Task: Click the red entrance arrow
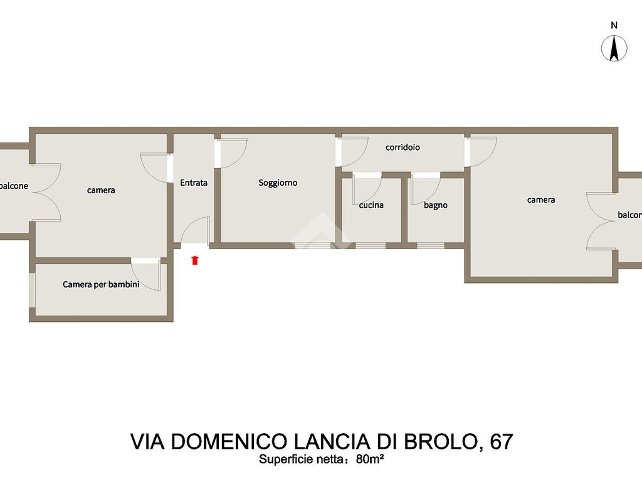[195, 260]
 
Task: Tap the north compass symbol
[614, 48]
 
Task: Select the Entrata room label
[194, 183]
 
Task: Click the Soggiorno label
[278, 183]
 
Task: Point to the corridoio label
[403, 147]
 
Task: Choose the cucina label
[371, 205]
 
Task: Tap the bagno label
[435, 205]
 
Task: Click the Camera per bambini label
[101, 284]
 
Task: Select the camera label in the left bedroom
[101, 191]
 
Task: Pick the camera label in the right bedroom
[541, 200]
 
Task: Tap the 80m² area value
[370, 459]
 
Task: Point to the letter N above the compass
[614, 25]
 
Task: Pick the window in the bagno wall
[430, 246]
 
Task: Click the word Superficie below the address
[282, 459]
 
